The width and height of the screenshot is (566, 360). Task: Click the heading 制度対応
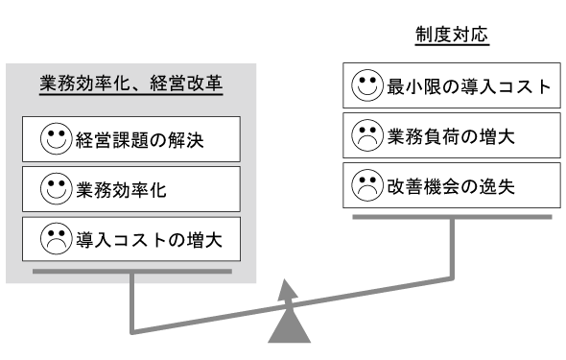pyautogui.click(x=452, y=35)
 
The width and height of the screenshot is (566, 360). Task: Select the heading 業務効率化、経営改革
pyautogui.click(x=131, y=84)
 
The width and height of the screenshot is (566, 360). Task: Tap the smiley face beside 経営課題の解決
pyautogui.click(x=56, y=138)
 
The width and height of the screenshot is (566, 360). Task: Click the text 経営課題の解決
pyautogui.click(x=140, y=140)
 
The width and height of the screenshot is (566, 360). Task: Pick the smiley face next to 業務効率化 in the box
pyautogui.click(x=56, y=188)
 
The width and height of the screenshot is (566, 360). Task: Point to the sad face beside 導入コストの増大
pyautogui.click(x=56, y=238)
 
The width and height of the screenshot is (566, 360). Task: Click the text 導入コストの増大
pyautogui.click(x=149, y=240)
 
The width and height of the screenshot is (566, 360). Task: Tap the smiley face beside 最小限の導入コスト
pyautogui.click(x=367, y=85)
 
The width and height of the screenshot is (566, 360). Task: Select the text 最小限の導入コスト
pyautogui.click(x=469, y=87)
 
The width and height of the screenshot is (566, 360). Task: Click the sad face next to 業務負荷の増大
pyautogui.click(x=367, y=135)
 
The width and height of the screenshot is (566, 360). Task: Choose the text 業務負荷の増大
pyautogui.click(x=451, y=137)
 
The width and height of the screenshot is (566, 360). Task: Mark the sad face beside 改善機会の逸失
pyautogui.click(x=367, y=185)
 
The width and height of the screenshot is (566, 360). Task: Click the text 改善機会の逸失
pyautogui.click(x=451, y=186)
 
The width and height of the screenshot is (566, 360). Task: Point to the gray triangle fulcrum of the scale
pyautogui.click(x=289, y=326)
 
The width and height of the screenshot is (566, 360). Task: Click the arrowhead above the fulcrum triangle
pyautogui.click(x=288, y=290)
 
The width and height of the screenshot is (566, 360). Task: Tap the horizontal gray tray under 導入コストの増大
pyautogui.click(x=132, y=271)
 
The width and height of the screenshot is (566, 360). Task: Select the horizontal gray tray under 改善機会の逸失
pyautogui.click(x=452, y=217)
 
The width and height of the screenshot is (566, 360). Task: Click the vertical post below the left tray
pyautogui.click(x=132, y=302)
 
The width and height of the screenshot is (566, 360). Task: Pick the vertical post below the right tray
pyautogui.click(x=452, y=249)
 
